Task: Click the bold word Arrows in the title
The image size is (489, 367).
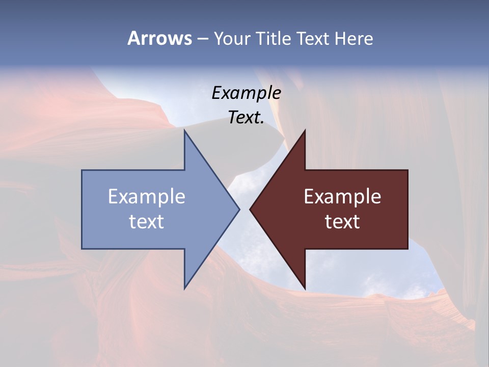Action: click(159, 38)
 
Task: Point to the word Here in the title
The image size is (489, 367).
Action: click(354, 38)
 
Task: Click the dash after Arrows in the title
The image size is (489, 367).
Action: click(202, 39)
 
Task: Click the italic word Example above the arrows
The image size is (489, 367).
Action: click(246, 93)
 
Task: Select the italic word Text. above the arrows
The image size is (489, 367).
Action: click(246, 117)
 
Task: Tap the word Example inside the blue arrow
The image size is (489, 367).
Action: click(147, 196)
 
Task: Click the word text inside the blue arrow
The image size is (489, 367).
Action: click(147, 221)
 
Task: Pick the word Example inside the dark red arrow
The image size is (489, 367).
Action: click(342, 196)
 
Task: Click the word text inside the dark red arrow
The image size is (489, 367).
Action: click(342, 221)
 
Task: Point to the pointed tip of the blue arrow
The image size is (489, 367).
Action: click(239, 209)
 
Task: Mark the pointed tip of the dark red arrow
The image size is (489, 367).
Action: click(250, 209)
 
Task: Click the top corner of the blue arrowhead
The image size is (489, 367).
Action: click(184, 130)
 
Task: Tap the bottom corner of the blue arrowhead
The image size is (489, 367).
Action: click(184, 289)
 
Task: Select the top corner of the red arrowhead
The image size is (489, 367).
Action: click(305, 130)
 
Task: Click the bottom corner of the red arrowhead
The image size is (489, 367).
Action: click(305, 289)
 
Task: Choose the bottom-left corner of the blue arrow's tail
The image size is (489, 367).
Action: click(82, 248)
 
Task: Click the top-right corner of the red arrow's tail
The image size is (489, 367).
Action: click(407, 170)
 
